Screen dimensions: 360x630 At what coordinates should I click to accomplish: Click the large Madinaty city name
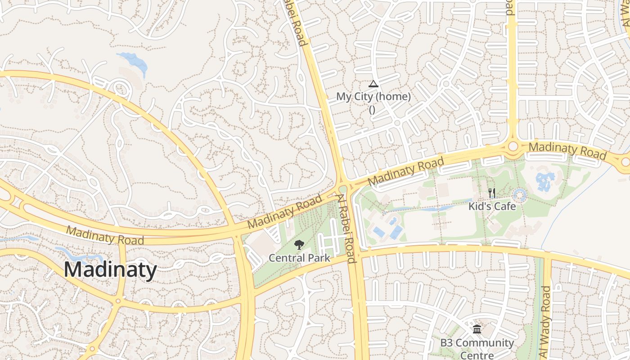pos(110,270)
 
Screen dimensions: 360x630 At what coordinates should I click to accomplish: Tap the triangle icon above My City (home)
pos(373,84)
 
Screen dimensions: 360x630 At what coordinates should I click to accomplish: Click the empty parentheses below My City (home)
pos(372,109)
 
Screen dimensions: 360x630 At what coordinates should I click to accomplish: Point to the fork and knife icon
pos(492,193)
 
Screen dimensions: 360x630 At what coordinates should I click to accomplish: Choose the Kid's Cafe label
pos(492,206)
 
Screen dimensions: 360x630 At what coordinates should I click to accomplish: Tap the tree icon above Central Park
pos(299,245)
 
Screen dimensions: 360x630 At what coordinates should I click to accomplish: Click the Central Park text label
pos(299,258)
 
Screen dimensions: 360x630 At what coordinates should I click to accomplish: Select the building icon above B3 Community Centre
pos(477,330)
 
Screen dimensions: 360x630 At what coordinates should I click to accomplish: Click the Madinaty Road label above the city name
pos(105,235)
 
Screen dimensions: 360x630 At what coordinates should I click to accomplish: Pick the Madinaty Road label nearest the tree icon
pos(285,211)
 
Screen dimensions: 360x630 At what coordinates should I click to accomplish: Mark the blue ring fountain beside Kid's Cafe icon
pos(520,195)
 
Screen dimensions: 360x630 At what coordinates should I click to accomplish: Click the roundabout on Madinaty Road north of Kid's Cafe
pos(513,147)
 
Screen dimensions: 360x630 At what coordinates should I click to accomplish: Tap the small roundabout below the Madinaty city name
pos(118,301)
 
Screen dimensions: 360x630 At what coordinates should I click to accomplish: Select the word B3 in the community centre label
pos(446,343)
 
